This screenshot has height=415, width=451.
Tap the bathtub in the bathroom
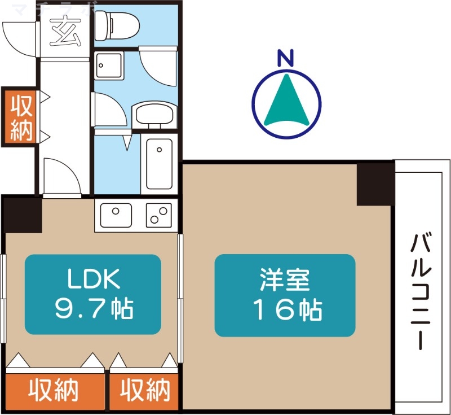(158, 164)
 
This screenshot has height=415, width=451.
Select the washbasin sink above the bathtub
(154, 114)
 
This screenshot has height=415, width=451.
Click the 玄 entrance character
(65, 30)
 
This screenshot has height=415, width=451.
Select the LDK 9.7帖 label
(93, 294)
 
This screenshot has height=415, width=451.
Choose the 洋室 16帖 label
(285, 294)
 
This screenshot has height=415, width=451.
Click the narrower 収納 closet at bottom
(145, 390)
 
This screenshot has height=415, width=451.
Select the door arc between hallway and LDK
(60, 175)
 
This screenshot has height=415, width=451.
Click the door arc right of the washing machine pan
(160, 67)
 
